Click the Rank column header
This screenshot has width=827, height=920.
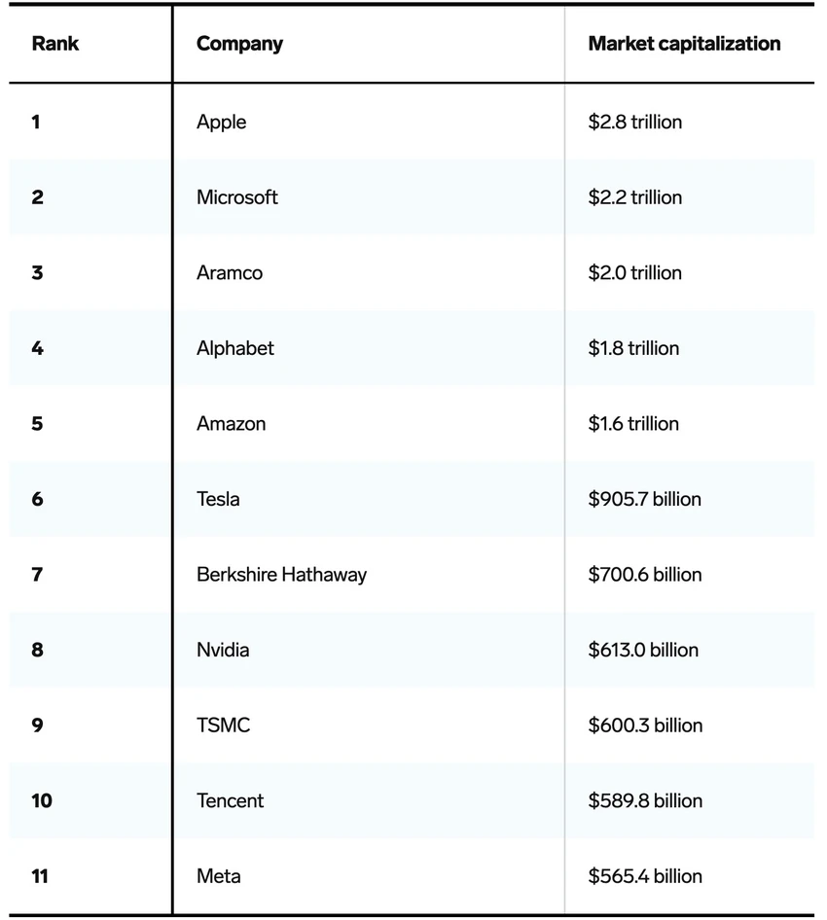point(55,44)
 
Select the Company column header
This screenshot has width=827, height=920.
point(239,44)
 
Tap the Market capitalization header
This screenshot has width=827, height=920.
point(684,44)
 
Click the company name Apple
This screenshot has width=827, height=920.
point(221,123)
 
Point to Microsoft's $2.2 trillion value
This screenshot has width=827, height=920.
point(635,197)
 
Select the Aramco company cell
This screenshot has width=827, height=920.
point(230,273)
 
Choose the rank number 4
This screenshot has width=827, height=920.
point(38,348)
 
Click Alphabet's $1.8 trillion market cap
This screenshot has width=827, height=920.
point(634,348)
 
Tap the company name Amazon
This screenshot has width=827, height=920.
point(232,424)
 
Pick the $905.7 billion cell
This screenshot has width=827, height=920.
point(645,499)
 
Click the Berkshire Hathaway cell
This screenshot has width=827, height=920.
point(282,575)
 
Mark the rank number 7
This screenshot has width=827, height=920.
point(37,575)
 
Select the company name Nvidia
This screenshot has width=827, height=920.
point(223,650)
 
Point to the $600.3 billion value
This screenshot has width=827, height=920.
point(646,725)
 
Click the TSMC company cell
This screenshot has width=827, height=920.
point(224,725)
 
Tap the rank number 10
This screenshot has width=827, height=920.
point(42,801)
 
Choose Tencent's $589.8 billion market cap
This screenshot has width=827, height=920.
point(646,801)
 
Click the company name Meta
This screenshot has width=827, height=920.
point(219,876)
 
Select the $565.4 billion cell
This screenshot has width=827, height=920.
point(646,876)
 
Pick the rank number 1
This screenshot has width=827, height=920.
point(36,122)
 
